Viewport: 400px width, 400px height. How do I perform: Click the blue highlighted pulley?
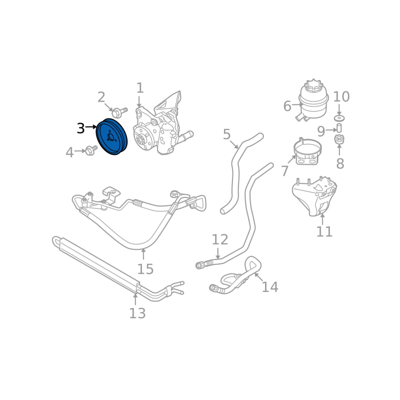point(111,136)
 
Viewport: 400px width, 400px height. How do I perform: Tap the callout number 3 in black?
point(80,128)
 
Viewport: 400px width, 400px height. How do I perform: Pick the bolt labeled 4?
point(91,150)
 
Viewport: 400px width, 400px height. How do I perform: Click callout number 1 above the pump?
point(140,88)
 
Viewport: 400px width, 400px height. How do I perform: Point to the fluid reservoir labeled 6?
point(313,100)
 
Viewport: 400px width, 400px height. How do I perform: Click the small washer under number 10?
point(339,118)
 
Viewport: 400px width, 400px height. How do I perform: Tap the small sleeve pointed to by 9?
point(339,128)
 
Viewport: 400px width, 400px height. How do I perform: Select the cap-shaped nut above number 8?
point(339,139)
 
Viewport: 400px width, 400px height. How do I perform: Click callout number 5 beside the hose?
point(226,134)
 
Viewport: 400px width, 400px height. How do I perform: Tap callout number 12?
point(220,239)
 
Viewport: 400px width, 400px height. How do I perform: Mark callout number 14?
point(270,286)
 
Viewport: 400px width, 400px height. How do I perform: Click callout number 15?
point(145,269)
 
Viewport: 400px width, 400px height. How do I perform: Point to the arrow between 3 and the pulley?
point(91,126)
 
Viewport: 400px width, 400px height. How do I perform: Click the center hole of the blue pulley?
point(110,137)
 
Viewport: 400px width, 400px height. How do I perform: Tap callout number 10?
point(341,96)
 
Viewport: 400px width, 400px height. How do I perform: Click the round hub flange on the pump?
point(143,138)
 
